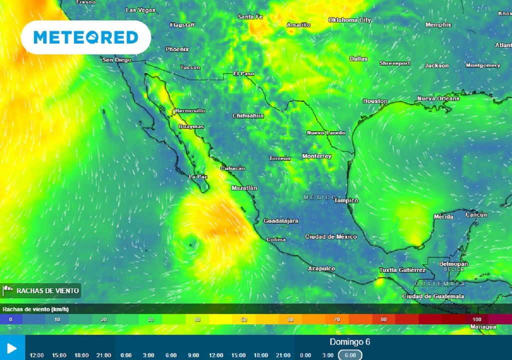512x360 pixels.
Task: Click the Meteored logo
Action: click(85, 37)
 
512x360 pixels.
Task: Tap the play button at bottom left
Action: click(12, 348)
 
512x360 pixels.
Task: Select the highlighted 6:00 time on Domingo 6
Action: click(350, 355)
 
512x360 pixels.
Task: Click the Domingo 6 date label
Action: click(350, 342)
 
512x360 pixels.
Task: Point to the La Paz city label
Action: click(198, 176)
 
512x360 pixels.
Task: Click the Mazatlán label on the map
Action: click(244, 188)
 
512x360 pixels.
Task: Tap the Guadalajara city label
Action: click(281, 220)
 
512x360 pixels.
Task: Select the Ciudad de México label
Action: click(331, 236)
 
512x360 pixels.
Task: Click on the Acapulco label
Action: click(321, 268)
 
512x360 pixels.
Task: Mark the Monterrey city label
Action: click(316, 156)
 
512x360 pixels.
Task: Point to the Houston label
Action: click(375, 101)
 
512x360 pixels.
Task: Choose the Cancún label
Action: click(476, 214)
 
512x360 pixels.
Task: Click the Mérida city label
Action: click(443, 216)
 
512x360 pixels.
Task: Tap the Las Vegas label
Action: click(140, 10)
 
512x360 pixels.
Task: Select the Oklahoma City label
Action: click(350, 20)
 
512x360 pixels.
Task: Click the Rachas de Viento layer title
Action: click(47, 290)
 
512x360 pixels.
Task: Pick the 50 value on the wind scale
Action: click(243, 319)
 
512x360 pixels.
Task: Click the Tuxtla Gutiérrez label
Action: click(402, 270)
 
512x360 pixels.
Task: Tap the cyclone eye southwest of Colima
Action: click(190, 244)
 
